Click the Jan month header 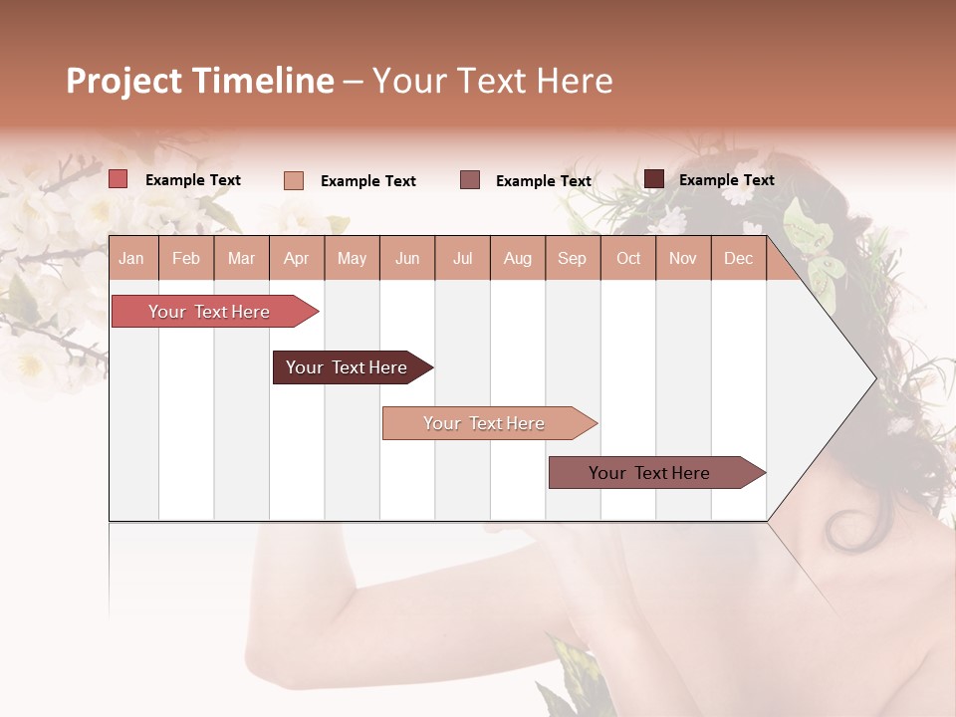[131, 259]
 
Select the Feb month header [186, 259]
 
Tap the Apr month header [296, 259]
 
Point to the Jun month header [407, 259]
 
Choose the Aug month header [517, 259]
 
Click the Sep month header [572, 259]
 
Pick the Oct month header [628, 259]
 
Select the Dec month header [738, 259]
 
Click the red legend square [119, 179]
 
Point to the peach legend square [294, 180]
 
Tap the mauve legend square [470, 180]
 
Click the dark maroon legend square [653, 179]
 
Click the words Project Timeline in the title [200, 81]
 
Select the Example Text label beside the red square [193, 180]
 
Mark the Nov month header [682, 259]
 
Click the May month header [352, 259]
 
